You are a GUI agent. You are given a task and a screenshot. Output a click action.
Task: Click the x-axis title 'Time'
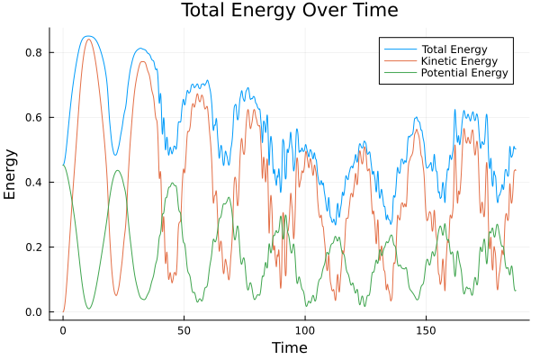(289, 347)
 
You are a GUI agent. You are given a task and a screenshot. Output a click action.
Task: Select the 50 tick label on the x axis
(184, 329)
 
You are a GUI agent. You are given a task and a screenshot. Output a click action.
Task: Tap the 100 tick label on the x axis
(305, 329)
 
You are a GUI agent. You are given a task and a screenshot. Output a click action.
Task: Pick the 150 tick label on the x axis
(426, 329)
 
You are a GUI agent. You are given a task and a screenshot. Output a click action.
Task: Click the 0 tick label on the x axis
(63, 329)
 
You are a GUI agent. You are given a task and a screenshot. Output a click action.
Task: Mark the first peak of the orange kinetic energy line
(88, 39)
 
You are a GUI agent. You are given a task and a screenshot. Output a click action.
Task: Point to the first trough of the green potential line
(88, 309)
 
